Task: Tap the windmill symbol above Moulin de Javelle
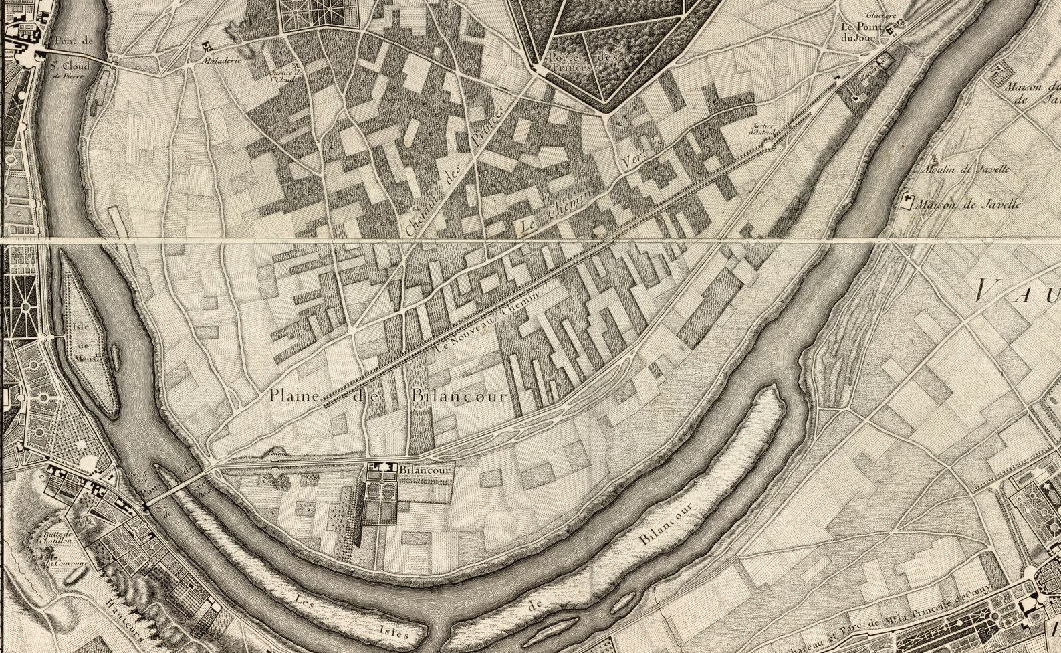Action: pos(933,159)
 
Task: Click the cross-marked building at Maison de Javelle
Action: pos(908,201)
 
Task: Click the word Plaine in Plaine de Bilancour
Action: pos(294,395)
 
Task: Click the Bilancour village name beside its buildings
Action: pos(424,470)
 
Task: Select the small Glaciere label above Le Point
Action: pos(880,15)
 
